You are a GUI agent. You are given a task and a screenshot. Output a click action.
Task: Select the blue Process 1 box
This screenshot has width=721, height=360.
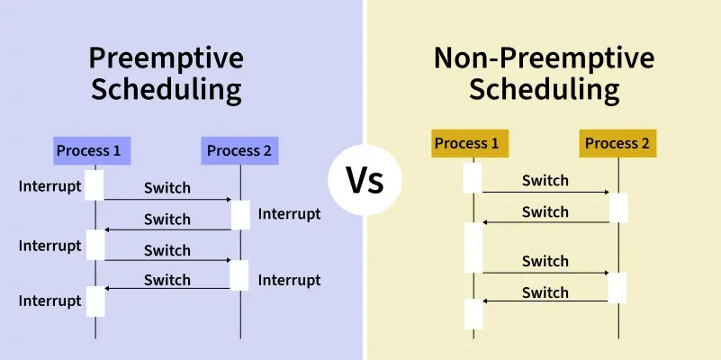[x=88, y=150]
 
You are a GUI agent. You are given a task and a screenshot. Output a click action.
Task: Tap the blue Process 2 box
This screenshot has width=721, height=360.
[x=239, y=150]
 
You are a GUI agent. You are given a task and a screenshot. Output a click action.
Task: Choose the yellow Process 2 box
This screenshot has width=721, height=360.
[x=617, y=143]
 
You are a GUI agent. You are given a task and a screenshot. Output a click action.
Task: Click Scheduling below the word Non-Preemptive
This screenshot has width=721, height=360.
[x=544, y=90]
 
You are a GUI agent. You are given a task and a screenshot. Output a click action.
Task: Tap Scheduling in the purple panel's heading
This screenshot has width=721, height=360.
[x=166, y=90]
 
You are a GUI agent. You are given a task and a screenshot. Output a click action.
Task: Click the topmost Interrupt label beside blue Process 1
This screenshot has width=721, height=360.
[x=50, y=186]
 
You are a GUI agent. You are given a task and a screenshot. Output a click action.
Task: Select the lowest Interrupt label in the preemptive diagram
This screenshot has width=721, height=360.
[x=50, y=300]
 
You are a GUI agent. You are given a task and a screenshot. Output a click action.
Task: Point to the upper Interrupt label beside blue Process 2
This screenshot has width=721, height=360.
[x=289, y=214]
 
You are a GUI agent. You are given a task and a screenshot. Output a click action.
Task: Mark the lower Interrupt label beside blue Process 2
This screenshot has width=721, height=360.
[x=289, y=280]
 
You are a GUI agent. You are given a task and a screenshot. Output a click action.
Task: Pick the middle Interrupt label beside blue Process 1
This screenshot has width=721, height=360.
[x=50, y=246]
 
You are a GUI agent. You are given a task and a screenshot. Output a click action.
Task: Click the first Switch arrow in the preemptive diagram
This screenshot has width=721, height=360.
[x=167, y=200]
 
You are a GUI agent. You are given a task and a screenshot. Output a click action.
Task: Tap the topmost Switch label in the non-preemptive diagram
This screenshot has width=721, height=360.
[x=545, y=181]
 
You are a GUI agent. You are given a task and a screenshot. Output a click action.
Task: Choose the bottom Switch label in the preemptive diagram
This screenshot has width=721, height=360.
[x=167, y=280]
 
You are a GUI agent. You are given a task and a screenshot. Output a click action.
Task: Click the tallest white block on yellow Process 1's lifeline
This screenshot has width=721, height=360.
[x=473, y=247]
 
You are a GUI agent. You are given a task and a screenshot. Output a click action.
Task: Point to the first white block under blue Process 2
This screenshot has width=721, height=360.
[x=239, y=215]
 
